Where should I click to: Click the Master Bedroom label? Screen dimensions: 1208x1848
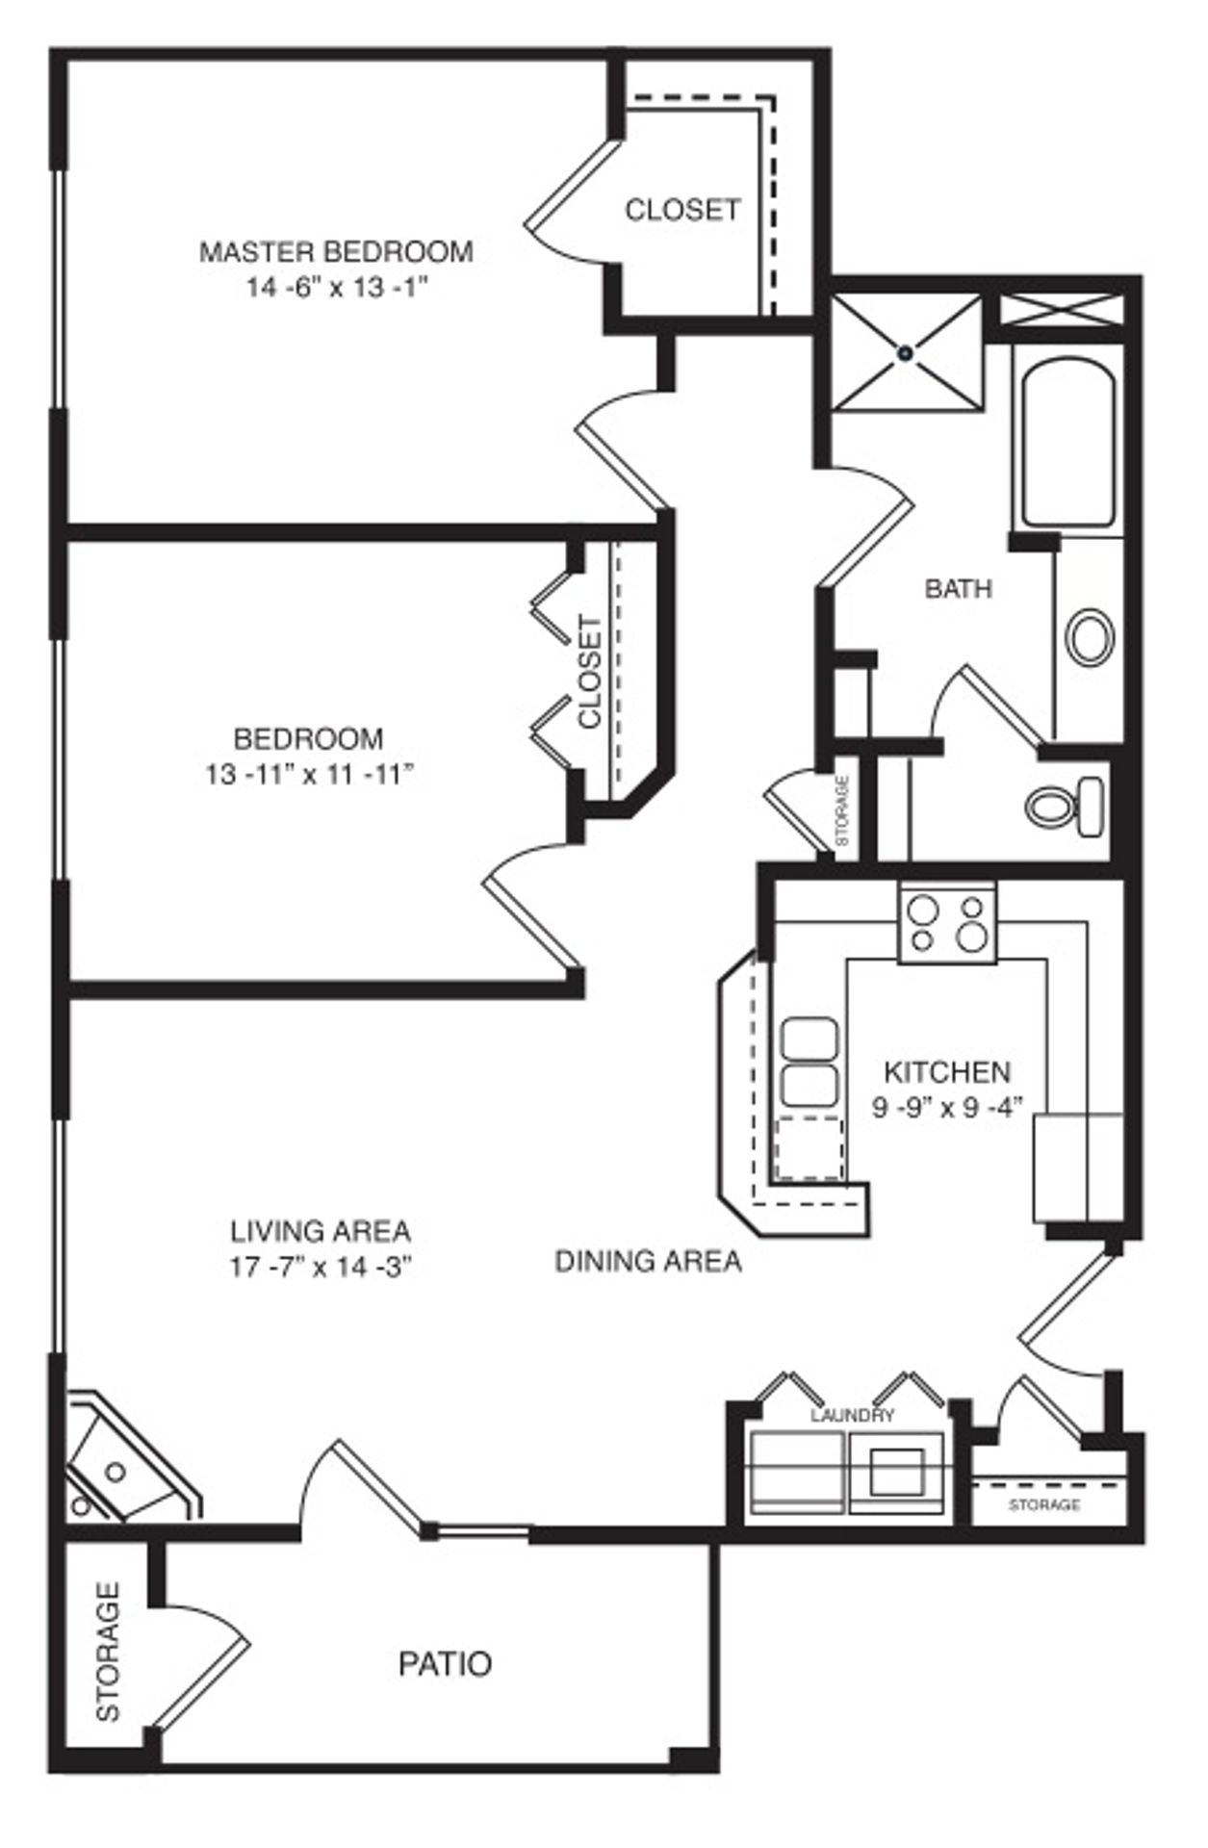coord(336,252)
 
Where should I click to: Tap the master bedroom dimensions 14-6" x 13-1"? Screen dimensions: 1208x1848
coord(336,288)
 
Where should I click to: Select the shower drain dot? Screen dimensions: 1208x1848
coord(905,354)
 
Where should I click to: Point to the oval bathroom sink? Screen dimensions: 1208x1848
coord(1091,636)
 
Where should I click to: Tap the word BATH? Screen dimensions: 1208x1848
coord(958,588)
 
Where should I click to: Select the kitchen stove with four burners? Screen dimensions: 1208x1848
coord(948,922)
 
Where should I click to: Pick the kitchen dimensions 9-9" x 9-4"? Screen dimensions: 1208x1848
coord(946,1107)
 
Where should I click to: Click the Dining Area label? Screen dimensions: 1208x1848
coord(648,1260)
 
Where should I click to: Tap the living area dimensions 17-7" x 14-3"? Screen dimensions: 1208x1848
coord(321,1268)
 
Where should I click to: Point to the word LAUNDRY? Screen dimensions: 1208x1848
coord(852,1415)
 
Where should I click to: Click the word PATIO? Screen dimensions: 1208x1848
coord(445,1663)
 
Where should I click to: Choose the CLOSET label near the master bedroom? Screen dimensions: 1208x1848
coord(682,209)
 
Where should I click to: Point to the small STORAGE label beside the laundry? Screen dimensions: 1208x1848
coord(1044,1504)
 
